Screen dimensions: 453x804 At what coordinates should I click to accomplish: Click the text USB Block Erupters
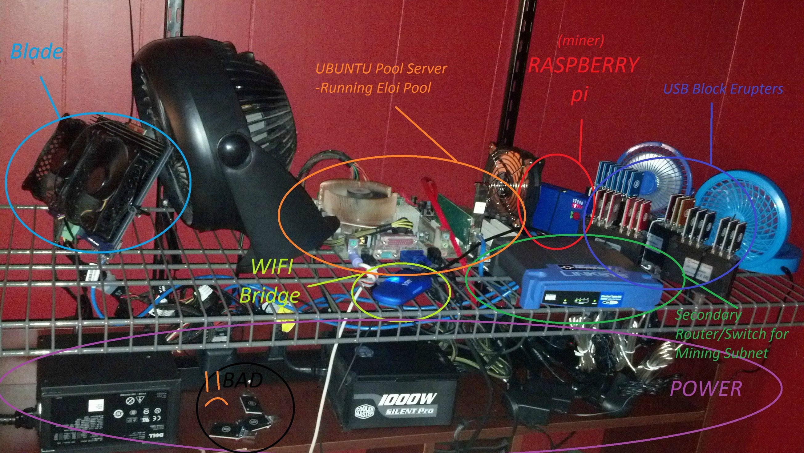723,89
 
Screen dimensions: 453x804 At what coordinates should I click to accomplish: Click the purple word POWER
706,389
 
